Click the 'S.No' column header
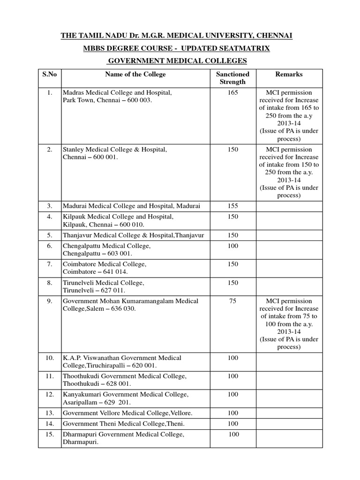(x=50, y=74)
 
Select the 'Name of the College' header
(x=135, y=74)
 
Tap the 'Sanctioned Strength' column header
(x=232, y=78)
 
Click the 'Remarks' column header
(x=289, y=74)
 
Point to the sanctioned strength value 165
(x=232, y=93)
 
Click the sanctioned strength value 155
(x=232, y=206)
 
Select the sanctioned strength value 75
(x=232, y=301)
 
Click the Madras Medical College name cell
(x=117, y=97)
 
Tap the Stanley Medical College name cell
(x=115, y=153)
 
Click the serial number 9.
(x=50, y=301)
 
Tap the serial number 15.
(x=50, y=435)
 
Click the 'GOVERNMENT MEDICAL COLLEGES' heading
(x=178, y=61)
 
